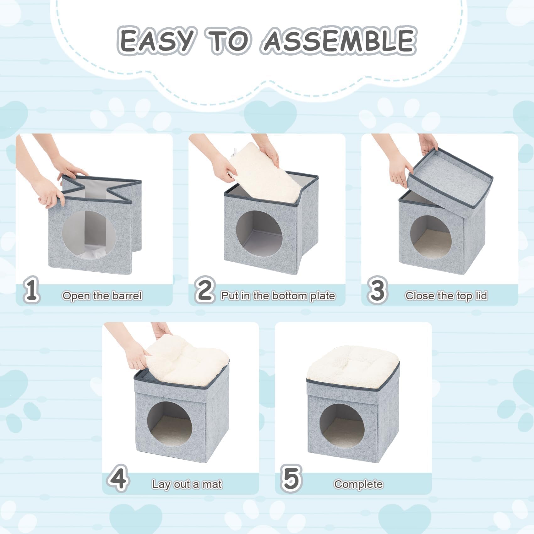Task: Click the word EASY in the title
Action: pos(156,41)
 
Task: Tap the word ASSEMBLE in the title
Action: pos(339,40)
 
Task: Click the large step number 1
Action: pos(31,290)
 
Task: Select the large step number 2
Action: pos(205,290)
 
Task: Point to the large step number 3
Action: pos(377,290)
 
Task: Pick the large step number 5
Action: pos(292,478)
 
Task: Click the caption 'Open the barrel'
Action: pos(102,296)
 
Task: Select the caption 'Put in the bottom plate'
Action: pos(278,296)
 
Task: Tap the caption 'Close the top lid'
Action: pos(446,296)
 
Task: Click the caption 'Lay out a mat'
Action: pos(187,484)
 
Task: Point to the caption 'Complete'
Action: pos(358,484)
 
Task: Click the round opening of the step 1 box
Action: pos(89,235)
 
